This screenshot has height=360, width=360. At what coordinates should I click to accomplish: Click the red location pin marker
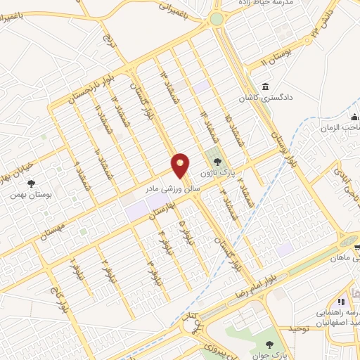(181, 165)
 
